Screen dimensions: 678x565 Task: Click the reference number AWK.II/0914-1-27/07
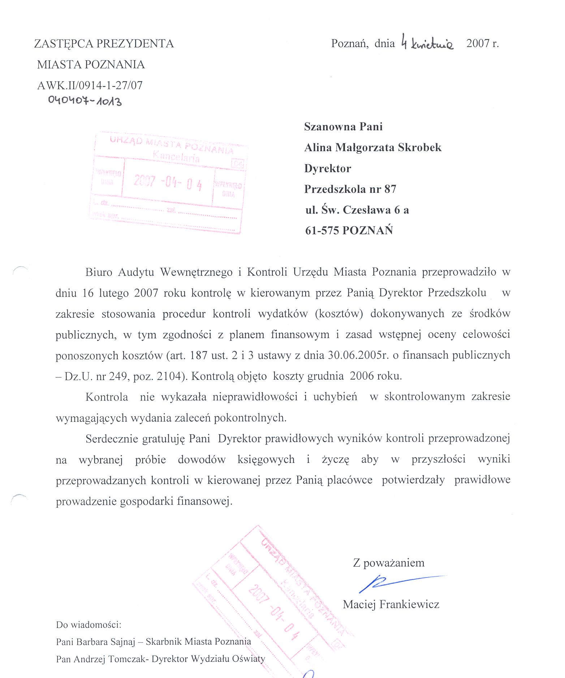pyautogui.click(x=90, y=85)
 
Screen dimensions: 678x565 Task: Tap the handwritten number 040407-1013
pyautogui.click(x=85, y=100)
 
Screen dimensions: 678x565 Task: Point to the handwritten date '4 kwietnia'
pyautogui.click(x=427, y=43)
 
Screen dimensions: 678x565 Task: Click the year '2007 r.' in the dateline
pyautogui.click(x=482, y=43)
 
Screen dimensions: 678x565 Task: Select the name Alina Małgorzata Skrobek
pyautogui.click(x=373, y=148)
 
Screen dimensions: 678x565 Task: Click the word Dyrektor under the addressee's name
pyautogui.click(x=328, y=169)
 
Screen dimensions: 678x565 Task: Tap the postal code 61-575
pyautogui.click(x=322, y=230)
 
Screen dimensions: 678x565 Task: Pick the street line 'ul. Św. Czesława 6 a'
pyautogui.click(x=357, y=210)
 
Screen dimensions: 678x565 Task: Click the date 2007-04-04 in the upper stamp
pyautogui.click(x=168, y=182)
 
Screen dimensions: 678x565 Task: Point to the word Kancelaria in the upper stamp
pyautogui.click(x=176, y=157)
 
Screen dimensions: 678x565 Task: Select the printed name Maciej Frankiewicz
pyautogui.click(x=391, y=604)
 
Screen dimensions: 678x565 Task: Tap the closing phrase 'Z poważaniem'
pyautogui.click(x=389, y=563)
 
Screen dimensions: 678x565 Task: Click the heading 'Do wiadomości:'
pyautogui.click(x=89, y=624)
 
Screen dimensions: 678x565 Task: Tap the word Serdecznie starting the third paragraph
pyautogui.click(x=111, y=439)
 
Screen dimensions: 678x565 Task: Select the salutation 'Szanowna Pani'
pyautogui.click(x=343, y=127)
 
